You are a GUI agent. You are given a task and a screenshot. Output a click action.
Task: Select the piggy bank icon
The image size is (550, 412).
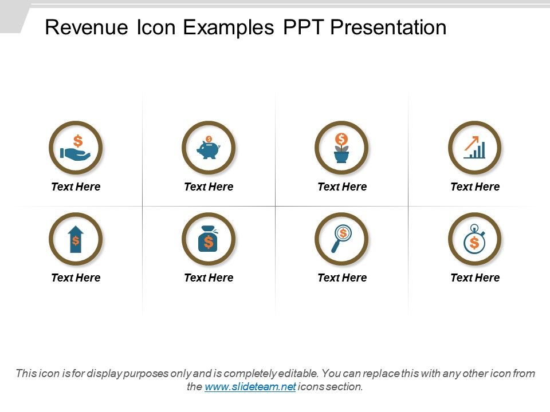point(209,148)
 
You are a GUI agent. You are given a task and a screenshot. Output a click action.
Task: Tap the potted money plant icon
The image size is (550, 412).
point(342,148)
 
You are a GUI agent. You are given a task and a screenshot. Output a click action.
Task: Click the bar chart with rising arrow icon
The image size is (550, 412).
point(475,148)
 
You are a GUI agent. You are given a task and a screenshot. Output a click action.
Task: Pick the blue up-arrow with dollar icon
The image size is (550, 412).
point(76,239)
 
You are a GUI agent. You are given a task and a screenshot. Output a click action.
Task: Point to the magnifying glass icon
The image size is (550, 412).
point(342,239)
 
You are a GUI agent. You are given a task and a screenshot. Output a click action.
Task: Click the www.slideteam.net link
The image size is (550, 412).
point(250,387)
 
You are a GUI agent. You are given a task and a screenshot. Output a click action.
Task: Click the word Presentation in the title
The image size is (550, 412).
point(388,27)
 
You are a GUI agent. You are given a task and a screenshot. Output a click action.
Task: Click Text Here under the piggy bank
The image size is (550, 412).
point(209,187)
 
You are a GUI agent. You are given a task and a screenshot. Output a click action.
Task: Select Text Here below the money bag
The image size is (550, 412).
point(209,278)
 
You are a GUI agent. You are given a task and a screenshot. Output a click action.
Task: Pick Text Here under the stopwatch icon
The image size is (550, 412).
point(475,278)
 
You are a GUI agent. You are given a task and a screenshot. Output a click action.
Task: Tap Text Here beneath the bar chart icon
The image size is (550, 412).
point(475,187)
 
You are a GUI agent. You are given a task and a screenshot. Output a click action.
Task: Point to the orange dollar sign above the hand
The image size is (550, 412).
point(78,140)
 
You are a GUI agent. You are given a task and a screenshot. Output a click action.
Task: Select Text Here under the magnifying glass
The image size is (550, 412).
point(342,278)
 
